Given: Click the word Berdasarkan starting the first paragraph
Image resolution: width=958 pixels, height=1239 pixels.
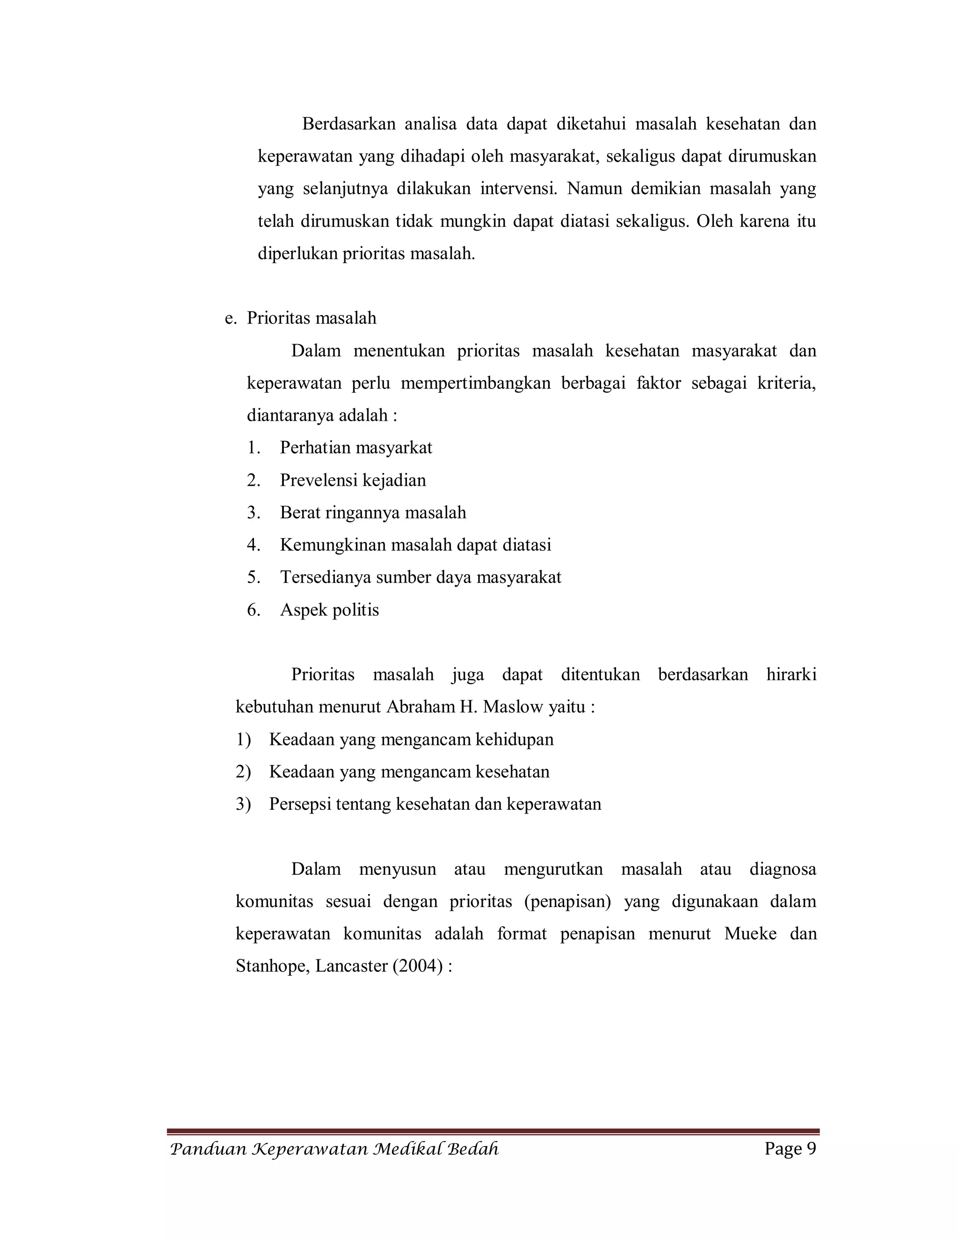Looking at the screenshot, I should [x=348, y=124].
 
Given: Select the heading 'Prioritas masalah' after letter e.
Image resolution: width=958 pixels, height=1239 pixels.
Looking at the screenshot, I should [x=311, y=318].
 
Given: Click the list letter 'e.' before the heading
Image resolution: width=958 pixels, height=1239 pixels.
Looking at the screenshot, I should [x=231, y=318].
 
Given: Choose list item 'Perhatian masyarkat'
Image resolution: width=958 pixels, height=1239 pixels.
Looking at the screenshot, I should [x=356, y=448].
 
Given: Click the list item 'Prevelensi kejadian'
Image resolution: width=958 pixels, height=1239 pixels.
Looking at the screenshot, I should [x=352, y=481].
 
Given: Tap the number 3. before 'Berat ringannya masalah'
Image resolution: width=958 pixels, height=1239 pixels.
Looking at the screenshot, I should [x=253, y=513].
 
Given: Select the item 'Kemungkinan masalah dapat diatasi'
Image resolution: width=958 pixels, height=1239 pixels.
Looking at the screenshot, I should [x=415, y=545].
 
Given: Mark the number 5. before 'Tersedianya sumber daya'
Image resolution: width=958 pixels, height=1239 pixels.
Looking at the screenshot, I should [x=253, y=577].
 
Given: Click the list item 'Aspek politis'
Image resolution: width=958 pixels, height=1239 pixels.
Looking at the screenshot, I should [x=329, y=610].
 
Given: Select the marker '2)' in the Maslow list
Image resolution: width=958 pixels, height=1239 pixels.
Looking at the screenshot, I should [x=243, y=772].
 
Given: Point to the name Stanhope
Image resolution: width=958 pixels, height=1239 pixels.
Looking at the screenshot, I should [x=272, y=967].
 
